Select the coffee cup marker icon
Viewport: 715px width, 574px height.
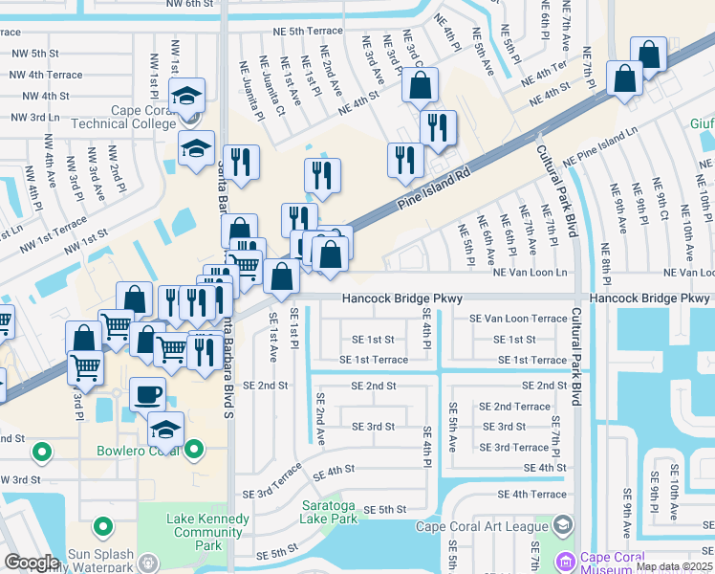click(146, 393)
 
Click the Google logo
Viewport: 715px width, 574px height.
click(32, 562)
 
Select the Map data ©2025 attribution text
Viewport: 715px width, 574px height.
click(674, 566)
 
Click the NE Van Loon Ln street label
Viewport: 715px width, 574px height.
click(530, 273)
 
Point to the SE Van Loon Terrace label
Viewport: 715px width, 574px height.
click(517, 319)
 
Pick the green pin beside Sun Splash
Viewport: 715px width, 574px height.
click(102, 526)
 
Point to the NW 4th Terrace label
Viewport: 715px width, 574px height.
click(46, 75)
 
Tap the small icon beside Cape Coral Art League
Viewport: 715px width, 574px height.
click(563, 524)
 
